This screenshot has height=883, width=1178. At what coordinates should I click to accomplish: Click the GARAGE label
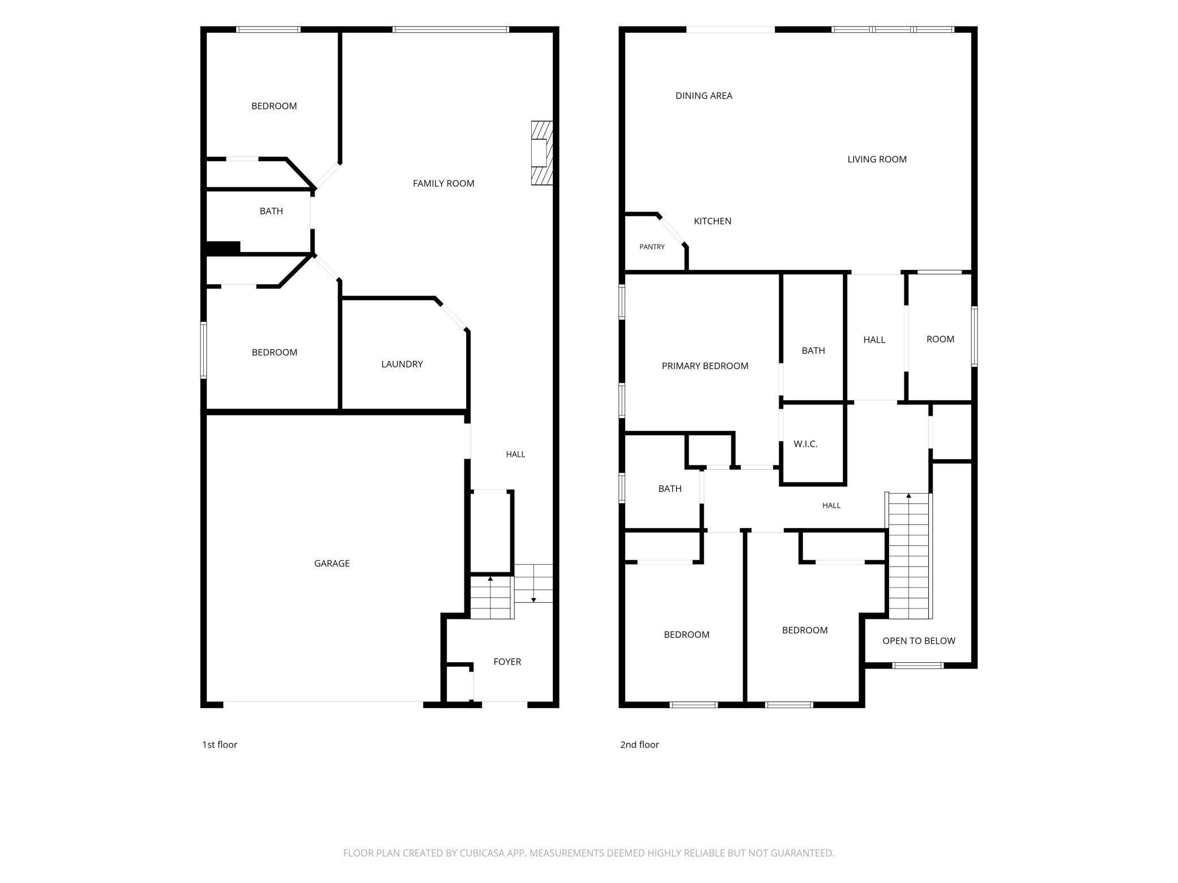[332, 563]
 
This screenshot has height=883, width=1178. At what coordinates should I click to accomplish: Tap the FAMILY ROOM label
[443, 183]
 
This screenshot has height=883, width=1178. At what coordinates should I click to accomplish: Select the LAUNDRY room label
[402, 364]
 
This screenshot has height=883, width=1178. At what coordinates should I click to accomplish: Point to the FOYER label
[507, 662]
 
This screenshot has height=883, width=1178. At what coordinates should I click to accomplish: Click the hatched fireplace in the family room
[541, 153]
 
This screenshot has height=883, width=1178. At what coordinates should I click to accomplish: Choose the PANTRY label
[652, 247]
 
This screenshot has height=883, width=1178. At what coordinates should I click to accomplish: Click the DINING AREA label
[704, 96]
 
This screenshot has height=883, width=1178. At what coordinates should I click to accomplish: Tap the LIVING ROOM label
[877, 160]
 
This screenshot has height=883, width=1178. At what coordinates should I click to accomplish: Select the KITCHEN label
[712, 221]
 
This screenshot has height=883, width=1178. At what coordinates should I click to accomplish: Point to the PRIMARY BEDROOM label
[705, 366]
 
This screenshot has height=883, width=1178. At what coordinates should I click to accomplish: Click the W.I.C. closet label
[805, 444]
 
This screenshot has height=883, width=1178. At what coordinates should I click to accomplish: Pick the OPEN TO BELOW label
[919, 641]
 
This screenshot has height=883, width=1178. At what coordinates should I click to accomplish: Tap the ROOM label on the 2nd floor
[940, 339]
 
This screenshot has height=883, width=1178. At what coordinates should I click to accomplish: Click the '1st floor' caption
[220, 745]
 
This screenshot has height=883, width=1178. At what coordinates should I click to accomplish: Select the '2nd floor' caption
[639, 745]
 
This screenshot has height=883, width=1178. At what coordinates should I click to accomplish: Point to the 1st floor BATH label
[271, 211]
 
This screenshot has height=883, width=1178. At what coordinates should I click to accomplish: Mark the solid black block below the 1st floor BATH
[223, 247]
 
